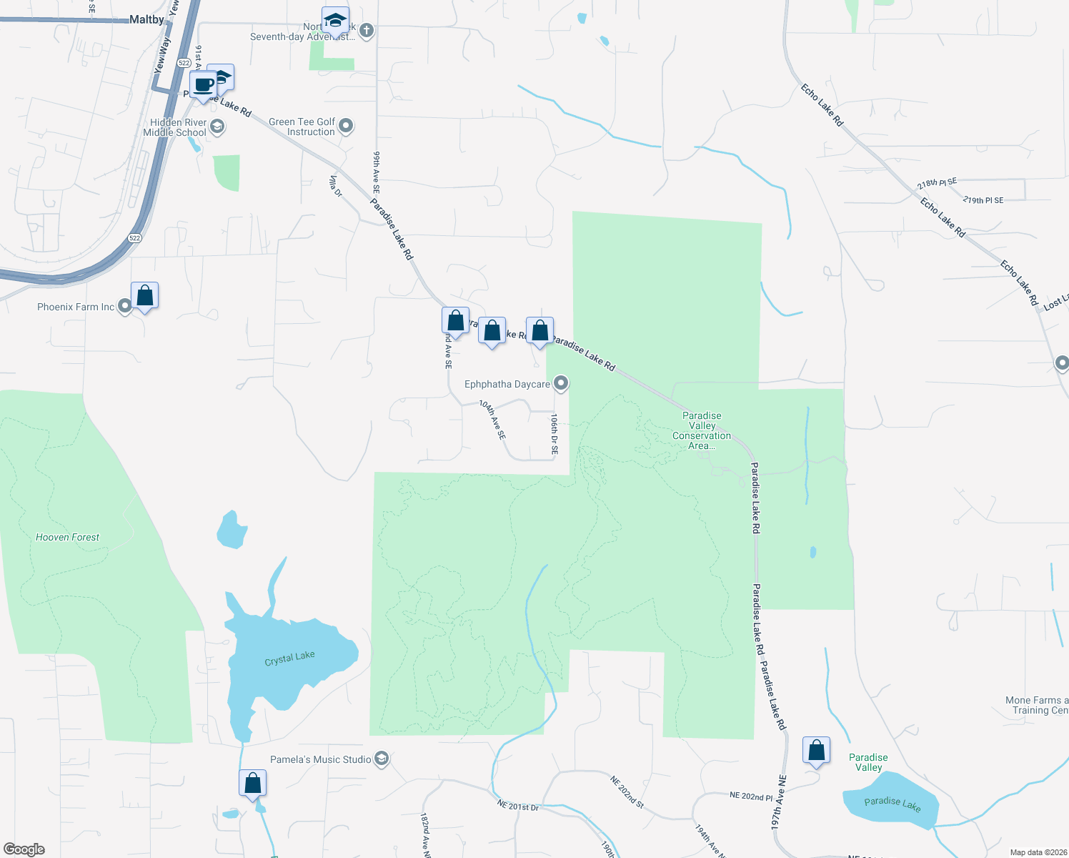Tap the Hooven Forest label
pos(67,537)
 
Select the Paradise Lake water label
pos(893,804)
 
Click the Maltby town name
pos(146,19)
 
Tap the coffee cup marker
pos(204,85)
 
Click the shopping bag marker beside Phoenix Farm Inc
pos(145,295)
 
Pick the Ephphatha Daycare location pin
pos(562,384)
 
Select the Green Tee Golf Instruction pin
pos(347,127)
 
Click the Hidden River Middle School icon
pos(218,127)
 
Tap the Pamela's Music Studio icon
pos(382,759)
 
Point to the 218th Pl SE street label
pos(937,183)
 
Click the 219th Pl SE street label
pos(983,200)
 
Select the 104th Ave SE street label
pos(492,420)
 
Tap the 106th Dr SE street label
pos(554,434)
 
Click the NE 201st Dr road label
pos(518,806)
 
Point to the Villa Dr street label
pos(335,186)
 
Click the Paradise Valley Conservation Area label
pos(701,430)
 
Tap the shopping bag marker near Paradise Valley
pos(816,751)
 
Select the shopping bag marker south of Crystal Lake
pos(252,784)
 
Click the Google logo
pos(24,849)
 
